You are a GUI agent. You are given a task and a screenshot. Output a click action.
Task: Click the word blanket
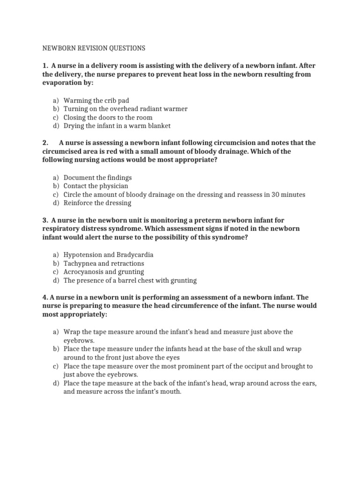[x=158, y=126]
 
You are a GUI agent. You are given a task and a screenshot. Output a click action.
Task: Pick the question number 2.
[x=45, y=142]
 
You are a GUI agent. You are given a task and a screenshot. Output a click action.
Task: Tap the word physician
[x=112, y=186]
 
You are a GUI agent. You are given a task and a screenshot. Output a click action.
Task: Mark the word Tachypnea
[x=80, y=263]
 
